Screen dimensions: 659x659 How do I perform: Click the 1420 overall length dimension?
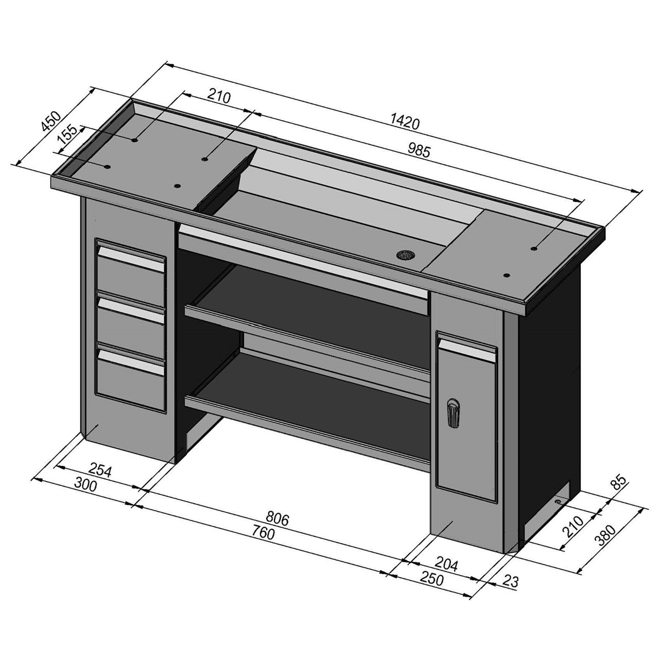tap(405, 123)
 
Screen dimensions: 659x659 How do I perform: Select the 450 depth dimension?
tap(51, 121)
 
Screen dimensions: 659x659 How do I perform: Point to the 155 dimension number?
tap(67, 134)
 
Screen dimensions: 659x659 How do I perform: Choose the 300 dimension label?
tap(86, 484)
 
